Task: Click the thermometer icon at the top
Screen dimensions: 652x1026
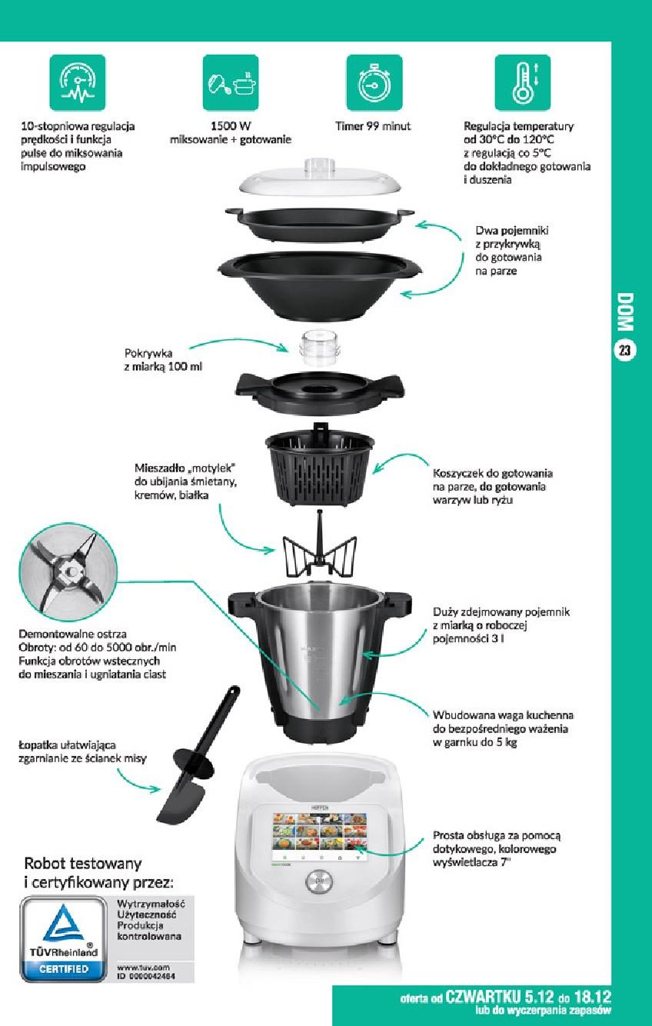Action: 522,82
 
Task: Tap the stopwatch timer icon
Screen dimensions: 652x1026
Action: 374,82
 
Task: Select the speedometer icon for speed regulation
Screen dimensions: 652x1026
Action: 78,82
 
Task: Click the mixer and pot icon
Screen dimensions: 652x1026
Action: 231,82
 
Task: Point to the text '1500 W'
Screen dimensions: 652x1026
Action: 231,126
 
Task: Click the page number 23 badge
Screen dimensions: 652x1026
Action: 624,351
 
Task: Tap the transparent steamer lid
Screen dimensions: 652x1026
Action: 320,177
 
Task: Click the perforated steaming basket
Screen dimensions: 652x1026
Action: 320,464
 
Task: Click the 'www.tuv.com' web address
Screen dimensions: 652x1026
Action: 143,968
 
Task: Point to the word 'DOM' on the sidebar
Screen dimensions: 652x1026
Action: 625,312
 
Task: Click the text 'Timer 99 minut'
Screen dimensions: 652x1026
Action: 373,126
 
